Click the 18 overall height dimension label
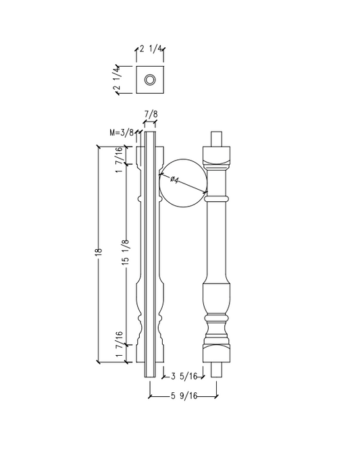99,252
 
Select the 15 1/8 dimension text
126,252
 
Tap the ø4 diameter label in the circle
174,180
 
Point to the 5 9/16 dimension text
184,396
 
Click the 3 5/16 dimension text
184,376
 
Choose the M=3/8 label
122,132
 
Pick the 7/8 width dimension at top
151,114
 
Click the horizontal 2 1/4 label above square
151,49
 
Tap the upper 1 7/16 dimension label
119,159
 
